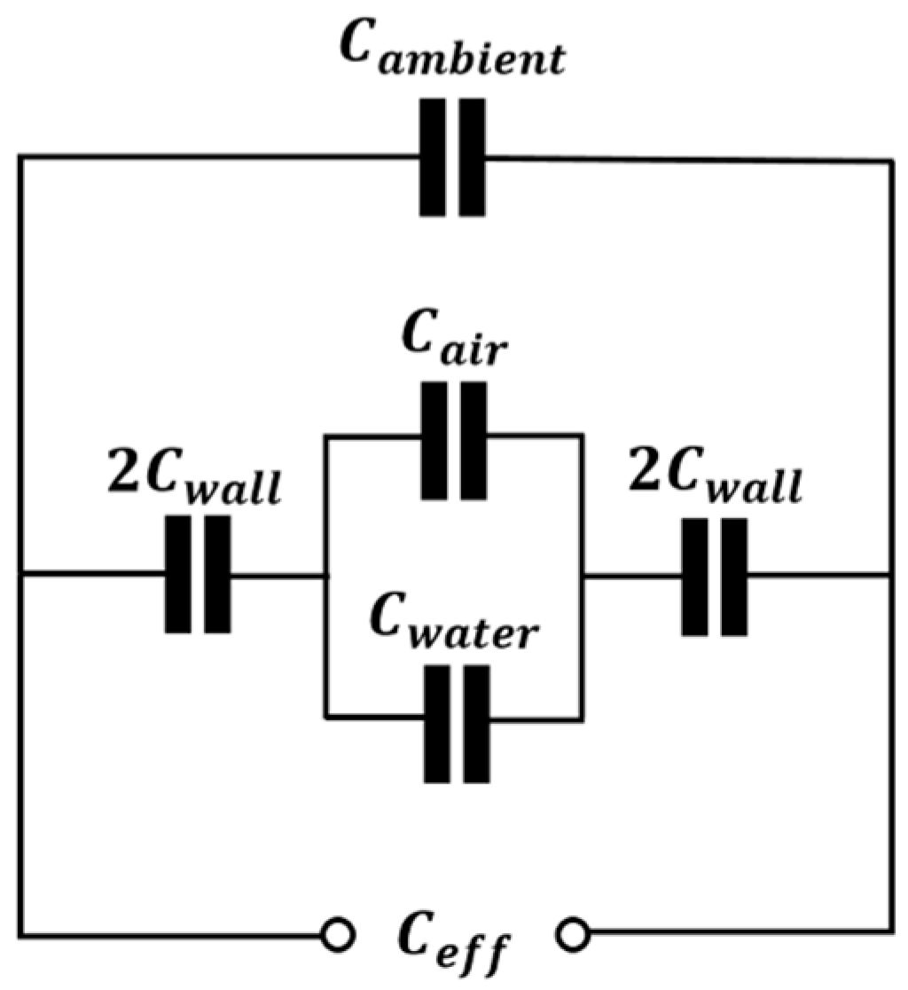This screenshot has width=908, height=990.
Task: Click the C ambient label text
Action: tap(452, 59)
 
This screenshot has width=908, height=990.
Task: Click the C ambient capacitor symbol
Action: tap(452, 157)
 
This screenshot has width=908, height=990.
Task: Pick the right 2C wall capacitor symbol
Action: tap(715, 577)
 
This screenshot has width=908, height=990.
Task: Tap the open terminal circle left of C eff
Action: tap(337, 934)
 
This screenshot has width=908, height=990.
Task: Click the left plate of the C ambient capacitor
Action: tap(433, 157)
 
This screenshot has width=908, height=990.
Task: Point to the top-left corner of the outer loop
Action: tap(21, 157)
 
